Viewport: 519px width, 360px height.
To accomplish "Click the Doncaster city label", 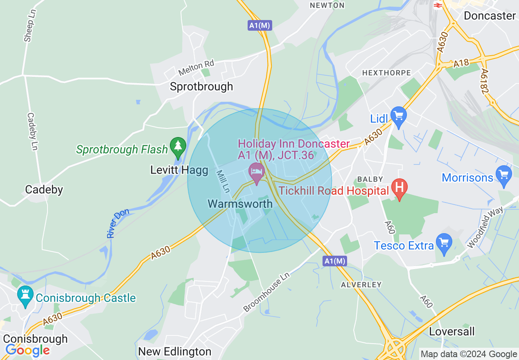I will (x=490, y=16).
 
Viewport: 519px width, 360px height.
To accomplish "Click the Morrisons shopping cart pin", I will (x=503, y=175).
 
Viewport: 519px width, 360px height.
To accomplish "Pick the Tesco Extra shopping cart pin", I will (x=444, y=243).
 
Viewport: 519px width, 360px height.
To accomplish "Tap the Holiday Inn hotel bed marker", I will (x=257, y=172).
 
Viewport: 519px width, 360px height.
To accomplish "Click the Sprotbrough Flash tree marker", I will (x=178, y=147).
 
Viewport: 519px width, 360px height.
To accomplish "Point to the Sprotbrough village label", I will (x=201, y=86).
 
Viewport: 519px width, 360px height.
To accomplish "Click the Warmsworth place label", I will (x=240, y=204).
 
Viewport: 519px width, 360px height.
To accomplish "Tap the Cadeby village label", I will (x=44, y=189).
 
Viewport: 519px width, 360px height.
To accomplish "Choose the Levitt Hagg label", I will (x=179, y=170).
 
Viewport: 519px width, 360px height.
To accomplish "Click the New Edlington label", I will (x=175, y=351).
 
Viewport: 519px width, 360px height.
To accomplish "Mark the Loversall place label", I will (x=452, y=331).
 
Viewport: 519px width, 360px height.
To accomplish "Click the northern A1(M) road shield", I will (x=260, y=25).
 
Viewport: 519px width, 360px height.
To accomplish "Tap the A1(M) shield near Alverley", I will (x=334, y=261).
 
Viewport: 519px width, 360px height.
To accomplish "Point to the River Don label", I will (x=117, y=223).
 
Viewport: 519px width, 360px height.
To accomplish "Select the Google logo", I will (x=27, y=351).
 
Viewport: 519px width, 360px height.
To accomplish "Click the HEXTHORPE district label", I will (x=386, y=73).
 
